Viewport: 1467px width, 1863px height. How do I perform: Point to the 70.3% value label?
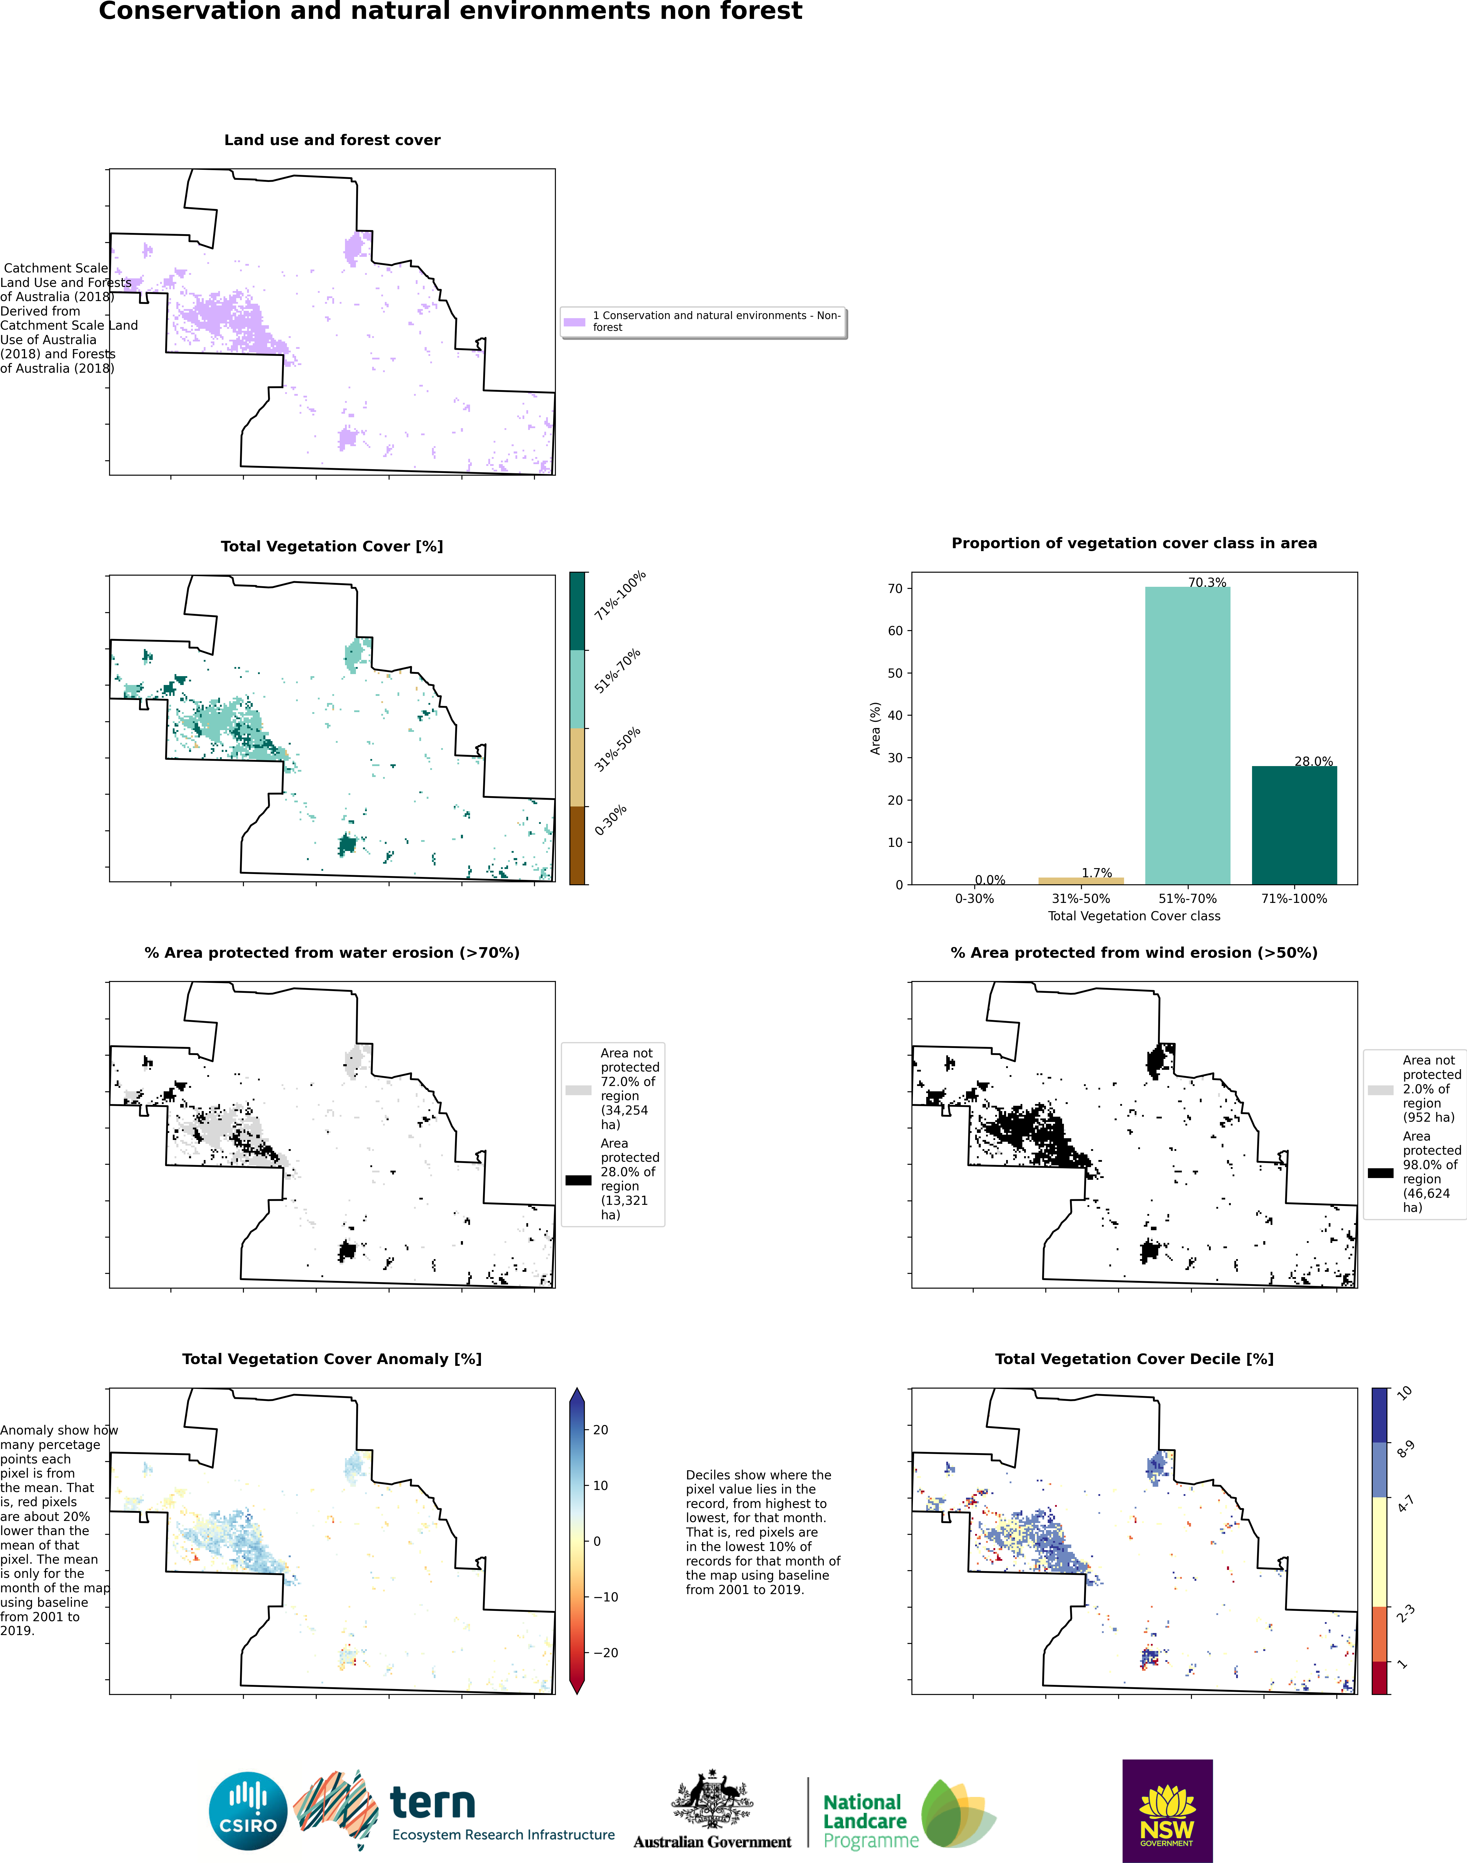1207,582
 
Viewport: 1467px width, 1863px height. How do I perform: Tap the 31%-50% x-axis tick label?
1080,898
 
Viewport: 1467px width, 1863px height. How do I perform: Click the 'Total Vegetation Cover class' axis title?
1134,916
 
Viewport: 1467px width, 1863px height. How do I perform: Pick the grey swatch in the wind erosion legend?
1380,1090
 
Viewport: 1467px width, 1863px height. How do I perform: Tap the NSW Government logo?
1167,1810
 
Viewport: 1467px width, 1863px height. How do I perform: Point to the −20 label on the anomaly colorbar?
605,1652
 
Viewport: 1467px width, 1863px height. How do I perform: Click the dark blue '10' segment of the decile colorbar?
1379,1414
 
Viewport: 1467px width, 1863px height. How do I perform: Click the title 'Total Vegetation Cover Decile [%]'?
1134,1359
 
